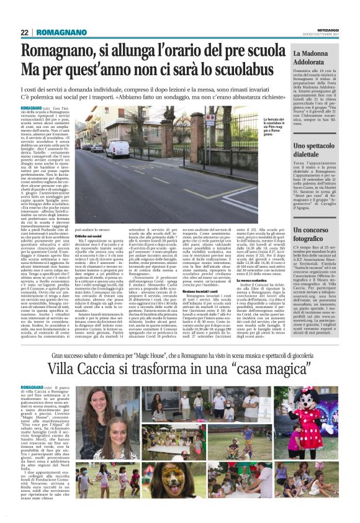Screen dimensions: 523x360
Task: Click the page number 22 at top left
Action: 24,32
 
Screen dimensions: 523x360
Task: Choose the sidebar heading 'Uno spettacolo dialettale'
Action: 318,149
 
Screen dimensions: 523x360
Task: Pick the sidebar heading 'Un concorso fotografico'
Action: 317,234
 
